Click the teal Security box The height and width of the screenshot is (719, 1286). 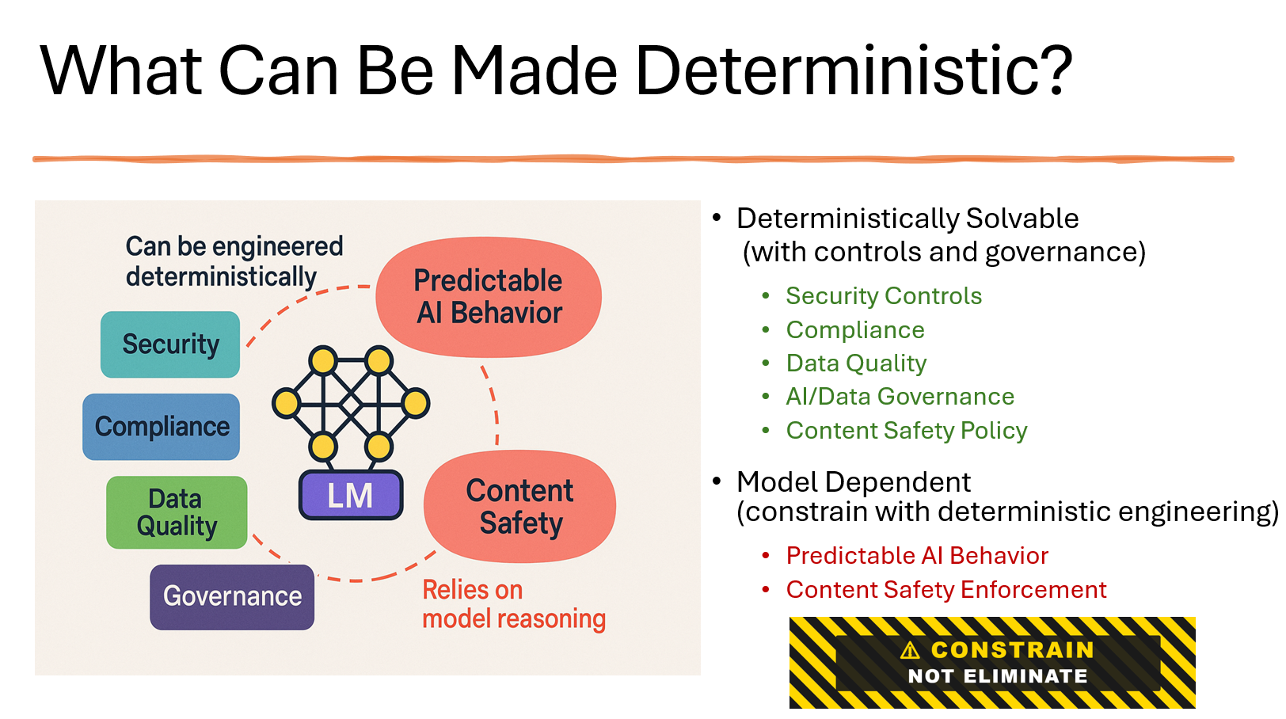170,344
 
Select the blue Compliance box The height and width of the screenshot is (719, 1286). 162,427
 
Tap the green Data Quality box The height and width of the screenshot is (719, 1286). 177,512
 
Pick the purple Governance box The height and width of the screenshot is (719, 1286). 232,597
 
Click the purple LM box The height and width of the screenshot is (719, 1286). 351,495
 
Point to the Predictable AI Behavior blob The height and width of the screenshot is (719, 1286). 489,296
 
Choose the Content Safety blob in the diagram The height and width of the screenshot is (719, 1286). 519,506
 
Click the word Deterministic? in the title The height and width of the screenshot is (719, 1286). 854,72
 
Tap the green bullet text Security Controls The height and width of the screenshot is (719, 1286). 884,296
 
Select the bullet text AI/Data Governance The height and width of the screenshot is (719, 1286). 900,397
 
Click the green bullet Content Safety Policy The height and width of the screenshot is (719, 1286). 907,431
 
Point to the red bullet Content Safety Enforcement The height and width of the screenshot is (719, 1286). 946,590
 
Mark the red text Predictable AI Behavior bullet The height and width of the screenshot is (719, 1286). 917,556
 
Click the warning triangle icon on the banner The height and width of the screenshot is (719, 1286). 910,651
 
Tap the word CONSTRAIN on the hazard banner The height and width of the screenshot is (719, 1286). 1012,650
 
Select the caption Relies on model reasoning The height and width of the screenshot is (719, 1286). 514,605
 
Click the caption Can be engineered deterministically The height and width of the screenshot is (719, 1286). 234,261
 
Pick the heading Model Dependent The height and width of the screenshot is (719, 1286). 853,481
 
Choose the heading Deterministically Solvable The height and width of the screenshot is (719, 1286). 907,219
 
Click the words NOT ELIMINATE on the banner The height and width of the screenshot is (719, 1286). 997,676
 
